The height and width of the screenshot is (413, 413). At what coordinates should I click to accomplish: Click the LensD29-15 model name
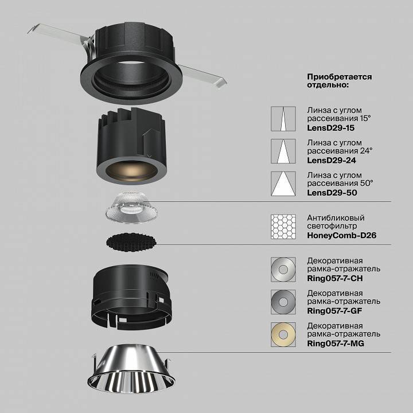(331, 128)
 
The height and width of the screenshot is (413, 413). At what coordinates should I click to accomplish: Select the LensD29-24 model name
(332, 161)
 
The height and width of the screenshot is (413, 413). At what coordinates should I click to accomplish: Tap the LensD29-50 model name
(332, 193)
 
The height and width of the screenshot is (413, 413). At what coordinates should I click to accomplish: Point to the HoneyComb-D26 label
(342, 236)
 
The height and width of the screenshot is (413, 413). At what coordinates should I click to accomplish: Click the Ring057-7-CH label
(335, 278)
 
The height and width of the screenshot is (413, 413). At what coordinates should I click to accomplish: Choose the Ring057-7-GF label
(334, 311)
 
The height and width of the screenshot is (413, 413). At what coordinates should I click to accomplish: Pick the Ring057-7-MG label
(336, 344)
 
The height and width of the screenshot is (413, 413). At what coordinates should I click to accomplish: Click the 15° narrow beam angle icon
(283, 119)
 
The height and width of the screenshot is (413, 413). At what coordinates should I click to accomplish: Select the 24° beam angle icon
(283, 151)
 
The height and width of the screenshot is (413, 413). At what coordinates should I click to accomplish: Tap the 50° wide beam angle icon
(283, 184)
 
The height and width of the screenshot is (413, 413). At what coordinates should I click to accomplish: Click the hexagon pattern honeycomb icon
(283, 227)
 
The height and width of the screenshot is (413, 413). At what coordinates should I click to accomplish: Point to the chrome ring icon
(283, 270)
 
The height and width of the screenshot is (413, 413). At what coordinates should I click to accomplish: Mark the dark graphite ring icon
(283, 302)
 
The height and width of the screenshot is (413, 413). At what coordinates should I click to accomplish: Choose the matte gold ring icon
(283, 334)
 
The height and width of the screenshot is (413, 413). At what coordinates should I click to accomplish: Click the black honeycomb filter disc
(131, 241)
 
